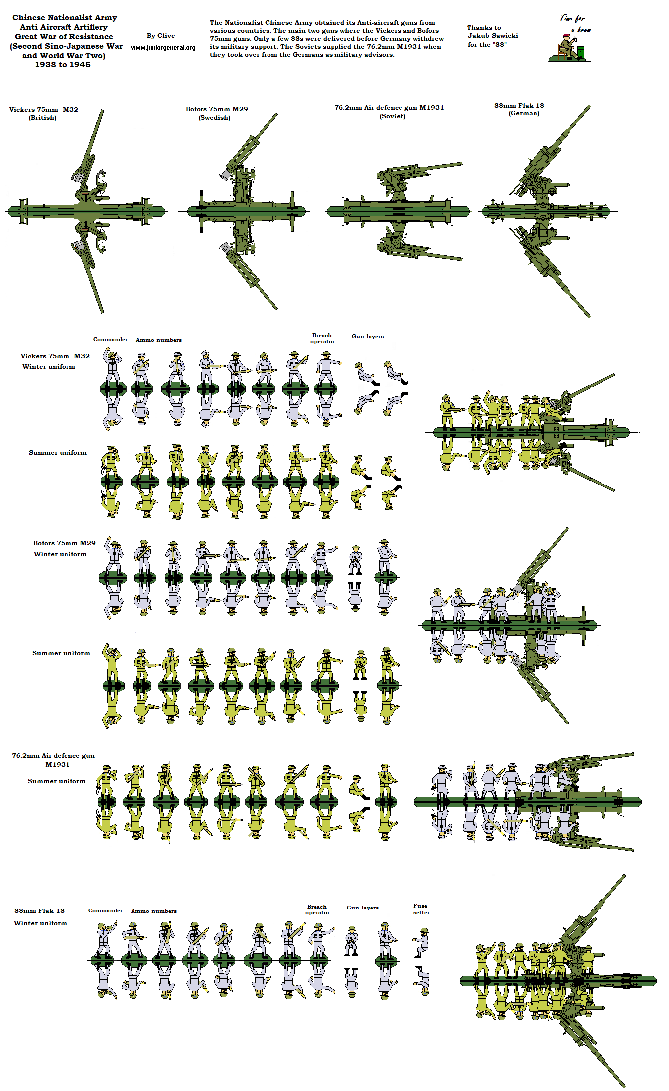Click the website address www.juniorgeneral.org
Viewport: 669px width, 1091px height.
click(x=163, y=48)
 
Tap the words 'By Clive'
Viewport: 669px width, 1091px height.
click(x=161, y=36)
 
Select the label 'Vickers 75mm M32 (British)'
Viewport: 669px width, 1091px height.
click(x=44, y=113)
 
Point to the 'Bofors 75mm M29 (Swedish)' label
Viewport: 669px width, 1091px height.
click(x=216, y=113)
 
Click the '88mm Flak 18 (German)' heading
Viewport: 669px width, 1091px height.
click(x=519, y=109)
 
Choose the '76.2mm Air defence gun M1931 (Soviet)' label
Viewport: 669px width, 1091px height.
click(x=389, y=111)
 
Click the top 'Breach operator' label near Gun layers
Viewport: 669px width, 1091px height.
click(x=322, y=338)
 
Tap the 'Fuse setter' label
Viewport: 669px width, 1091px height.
click(x=421, y=909)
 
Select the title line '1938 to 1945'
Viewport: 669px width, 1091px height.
click(x=63, y=65)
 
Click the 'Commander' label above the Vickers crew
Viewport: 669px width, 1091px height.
click(x=110, y=339)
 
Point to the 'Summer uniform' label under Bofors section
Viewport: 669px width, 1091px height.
click(x=61, y=653)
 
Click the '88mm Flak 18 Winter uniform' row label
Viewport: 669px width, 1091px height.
click(x=40, y=916)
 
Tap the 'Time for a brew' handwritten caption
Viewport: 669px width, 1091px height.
click(x=575, y=23)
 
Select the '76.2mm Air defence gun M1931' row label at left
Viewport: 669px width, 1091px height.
click(x=54, y=760)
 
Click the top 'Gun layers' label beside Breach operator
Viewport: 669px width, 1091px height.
click(x=367, y=336)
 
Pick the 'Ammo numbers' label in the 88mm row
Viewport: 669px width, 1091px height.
click(x=153, y=911)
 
